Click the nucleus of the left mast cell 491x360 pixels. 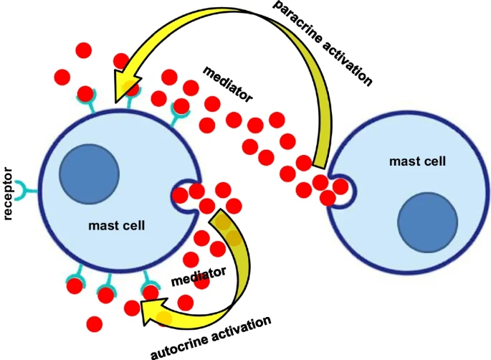pyautogui.click(x=87, y=176)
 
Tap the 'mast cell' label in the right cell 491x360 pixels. pyautogui.click(x=418, y=161)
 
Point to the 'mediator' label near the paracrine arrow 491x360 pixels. pyautogui.click(x=228, y=82)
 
